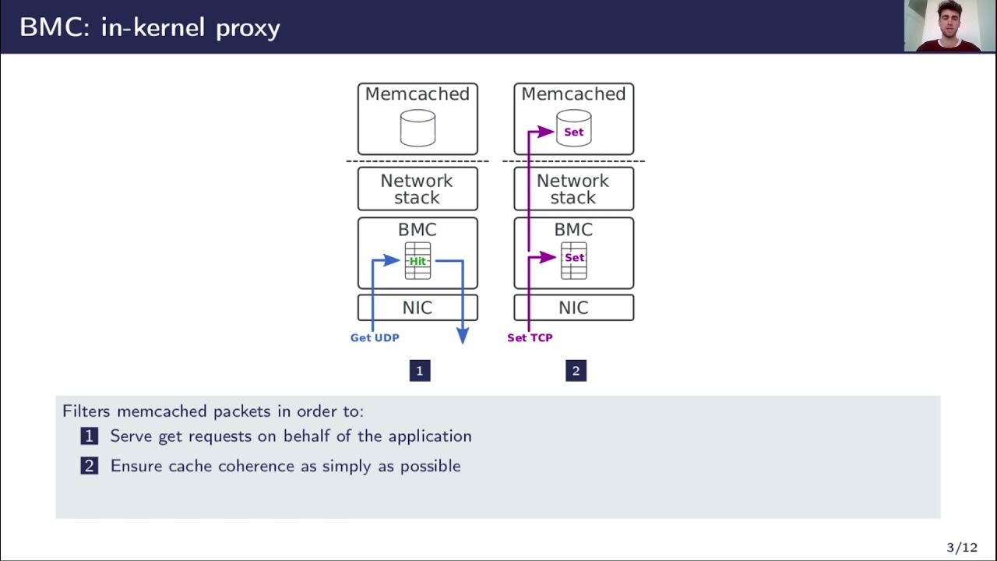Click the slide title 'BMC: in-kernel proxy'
[x=150, y=27]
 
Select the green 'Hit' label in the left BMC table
[x=417, y=261]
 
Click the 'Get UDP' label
[x=375, y=337]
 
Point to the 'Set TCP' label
[x=530, y=337]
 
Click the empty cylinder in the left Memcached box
[x=417, y=128]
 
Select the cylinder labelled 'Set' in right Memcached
[x=573, y=128]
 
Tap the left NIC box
[x=417, y=308]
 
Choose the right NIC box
[x=573, y=308]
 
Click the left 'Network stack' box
[x=417, y=189]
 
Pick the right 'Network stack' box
[x=573, y=189]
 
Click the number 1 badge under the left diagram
[x=420, y=371]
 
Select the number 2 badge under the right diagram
[x=576, y=371]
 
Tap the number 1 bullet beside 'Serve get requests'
[x=90, y=436]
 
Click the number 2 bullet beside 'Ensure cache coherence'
[x=90, y=466]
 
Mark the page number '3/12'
[x=961, y=548]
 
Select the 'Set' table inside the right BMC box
[x=574, y=261]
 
